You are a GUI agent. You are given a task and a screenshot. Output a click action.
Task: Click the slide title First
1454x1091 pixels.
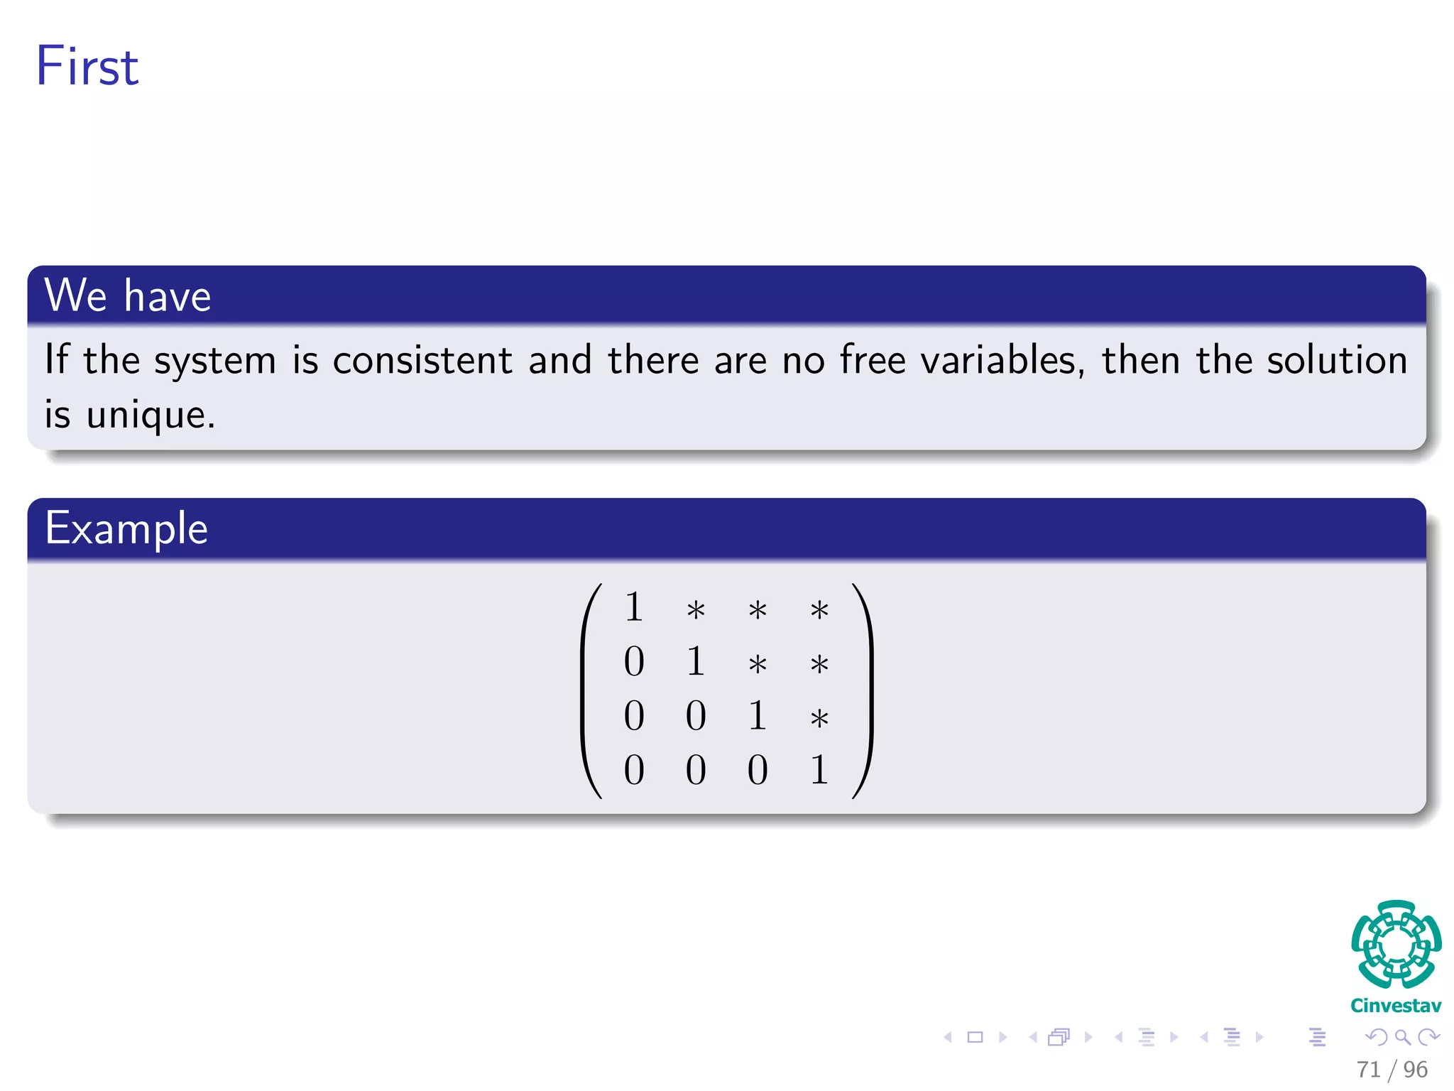87,66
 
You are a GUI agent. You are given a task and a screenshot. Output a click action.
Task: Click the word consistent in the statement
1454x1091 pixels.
422,360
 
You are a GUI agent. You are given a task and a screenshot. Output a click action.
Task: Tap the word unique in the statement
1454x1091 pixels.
150,415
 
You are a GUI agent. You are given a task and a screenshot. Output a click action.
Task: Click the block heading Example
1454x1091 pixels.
126,528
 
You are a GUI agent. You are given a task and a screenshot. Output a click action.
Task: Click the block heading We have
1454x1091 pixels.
128,295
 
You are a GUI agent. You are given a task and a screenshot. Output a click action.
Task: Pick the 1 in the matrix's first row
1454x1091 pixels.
634,608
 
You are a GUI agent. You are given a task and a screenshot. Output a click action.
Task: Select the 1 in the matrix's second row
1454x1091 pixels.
696,662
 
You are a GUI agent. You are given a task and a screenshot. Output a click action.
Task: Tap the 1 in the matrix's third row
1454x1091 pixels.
758,716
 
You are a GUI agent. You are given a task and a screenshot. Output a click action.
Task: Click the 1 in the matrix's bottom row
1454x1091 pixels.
819,770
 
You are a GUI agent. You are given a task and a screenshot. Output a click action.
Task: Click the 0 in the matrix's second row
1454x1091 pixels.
634,662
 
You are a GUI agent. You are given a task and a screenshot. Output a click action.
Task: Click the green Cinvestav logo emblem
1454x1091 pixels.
1396,944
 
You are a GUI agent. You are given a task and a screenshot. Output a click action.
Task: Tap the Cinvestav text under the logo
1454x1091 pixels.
1396,1006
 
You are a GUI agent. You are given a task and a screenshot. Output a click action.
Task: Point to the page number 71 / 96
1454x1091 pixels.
1392,1070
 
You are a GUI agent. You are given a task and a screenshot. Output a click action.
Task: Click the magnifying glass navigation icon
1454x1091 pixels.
1402,1038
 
